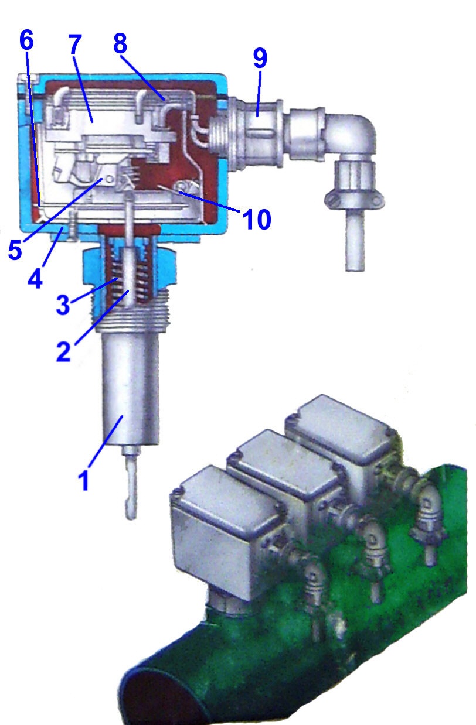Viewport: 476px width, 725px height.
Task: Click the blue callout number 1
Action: (84, 479)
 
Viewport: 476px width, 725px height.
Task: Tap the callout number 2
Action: (63, 350)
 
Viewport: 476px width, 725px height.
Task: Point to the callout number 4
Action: (35, 277)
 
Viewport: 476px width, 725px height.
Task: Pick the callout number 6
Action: (27, 40)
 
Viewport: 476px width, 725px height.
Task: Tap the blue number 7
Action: (75, 45)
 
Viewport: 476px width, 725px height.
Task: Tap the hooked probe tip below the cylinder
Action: (132, 492)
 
